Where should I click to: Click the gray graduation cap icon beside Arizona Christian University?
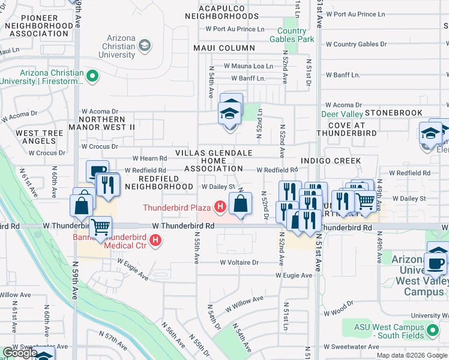144,46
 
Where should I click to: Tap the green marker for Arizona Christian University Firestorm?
92,76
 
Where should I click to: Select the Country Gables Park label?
296,35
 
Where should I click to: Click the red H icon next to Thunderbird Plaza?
220,208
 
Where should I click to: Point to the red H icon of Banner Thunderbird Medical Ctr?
155,241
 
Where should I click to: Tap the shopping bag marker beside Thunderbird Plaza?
240,204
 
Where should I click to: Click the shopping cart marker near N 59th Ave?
101,227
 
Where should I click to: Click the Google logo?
20,353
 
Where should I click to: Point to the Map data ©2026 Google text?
411,355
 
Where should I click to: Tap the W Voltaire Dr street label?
239,262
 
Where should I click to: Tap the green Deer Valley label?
342,114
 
